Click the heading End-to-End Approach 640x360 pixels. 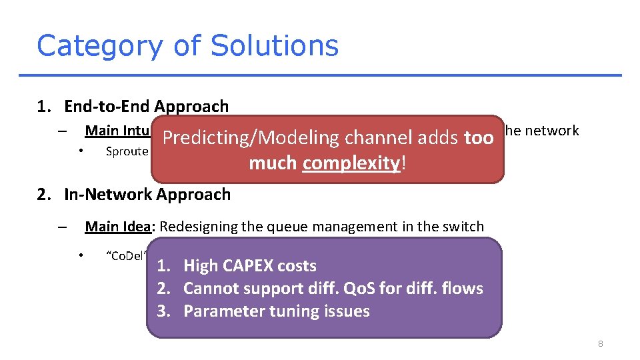[146, 106]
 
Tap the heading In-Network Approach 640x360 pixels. [147, 195]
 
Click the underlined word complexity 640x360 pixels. [351, 163]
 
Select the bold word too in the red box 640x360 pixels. [479, 138]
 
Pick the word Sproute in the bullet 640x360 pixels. [127, 151]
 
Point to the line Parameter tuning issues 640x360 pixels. [276, 311]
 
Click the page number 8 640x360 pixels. [601, 343]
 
